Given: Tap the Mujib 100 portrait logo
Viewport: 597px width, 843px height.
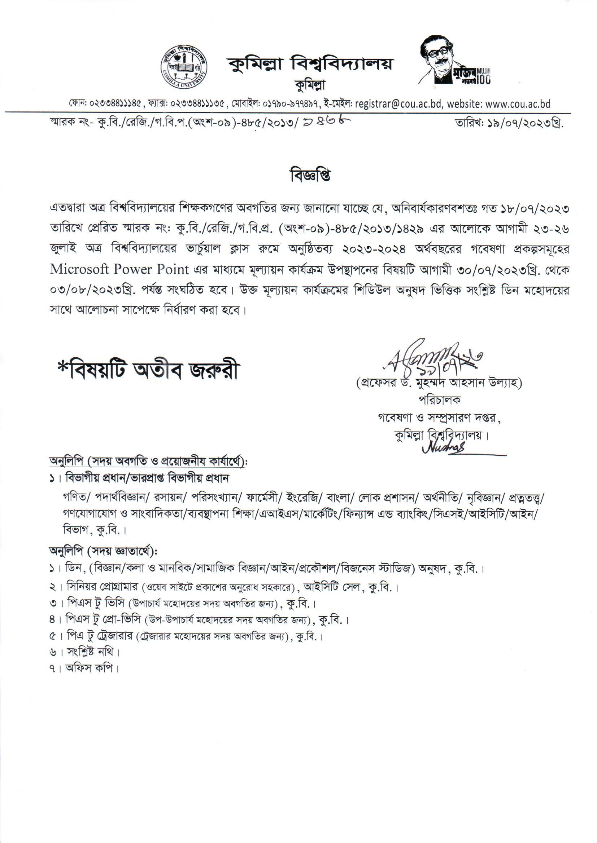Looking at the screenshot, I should [455, 61].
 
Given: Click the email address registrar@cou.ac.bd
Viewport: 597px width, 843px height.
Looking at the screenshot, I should [398, 104].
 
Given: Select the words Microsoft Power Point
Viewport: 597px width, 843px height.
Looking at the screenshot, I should [119, 270].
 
